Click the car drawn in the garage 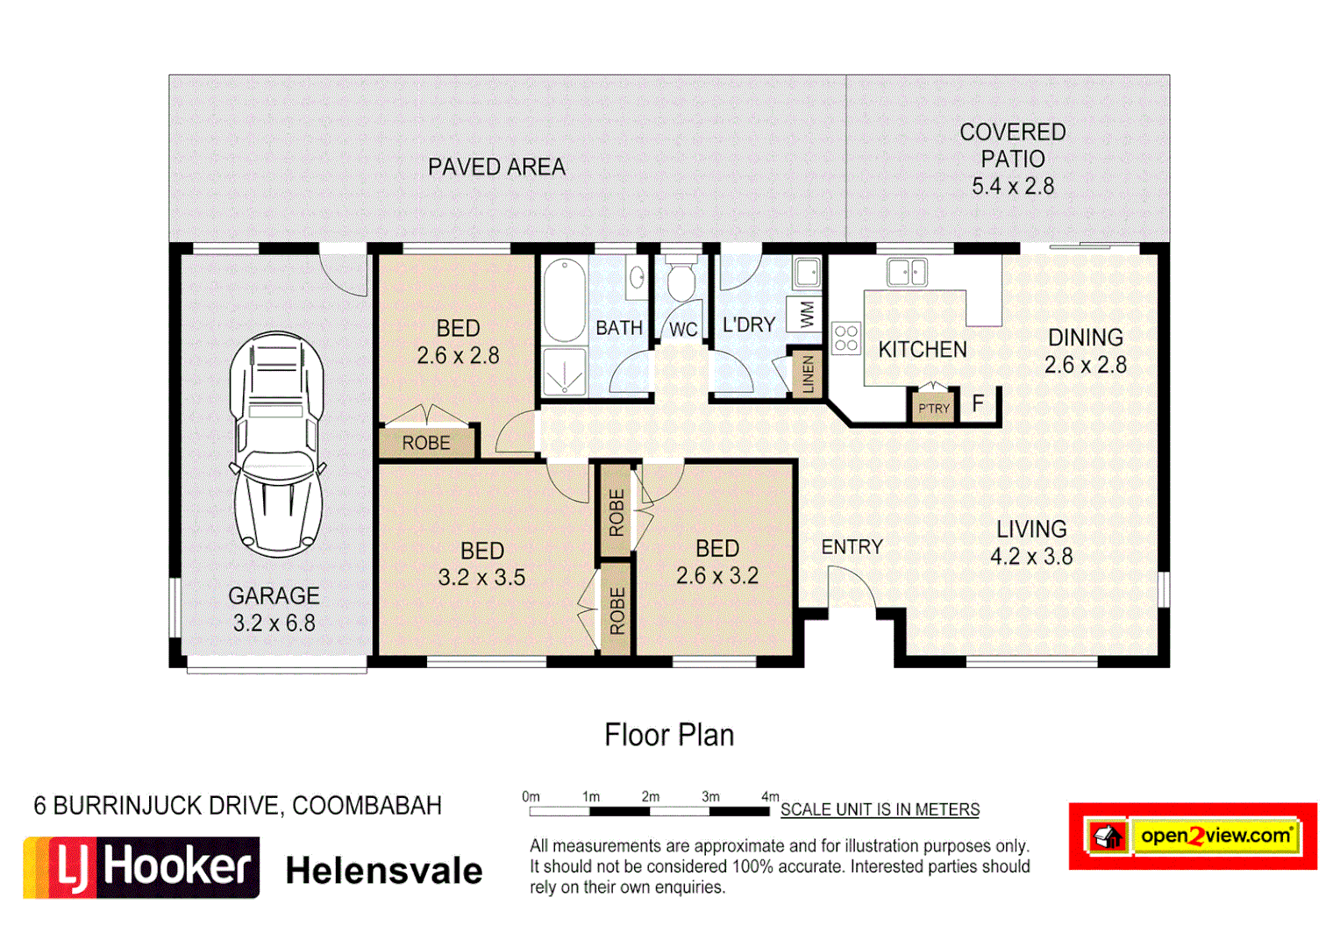pos(277,444)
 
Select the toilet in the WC pos(681,281)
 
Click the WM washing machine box pos(806,313)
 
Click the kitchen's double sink pos(907,272)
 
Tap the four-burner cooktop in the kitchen pos(846,338)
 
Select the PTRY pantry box pos(934,408)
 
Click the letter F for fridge pos(978,403)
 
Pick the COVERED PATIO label pos(1012,146)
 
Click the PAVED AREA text pos(496,167)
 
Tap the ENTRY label pos(852,547)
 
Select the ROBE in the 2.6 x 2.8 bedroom pos(426,443)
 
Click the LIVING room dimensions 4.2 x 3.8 pos(1031,557)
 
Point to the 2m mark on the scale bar pos(650,797)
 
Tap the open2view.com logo pos(1193,836)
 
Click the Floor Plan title pos(669,735)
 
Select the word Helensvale pos(384,871)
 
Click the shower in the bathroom pos(564,372)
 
